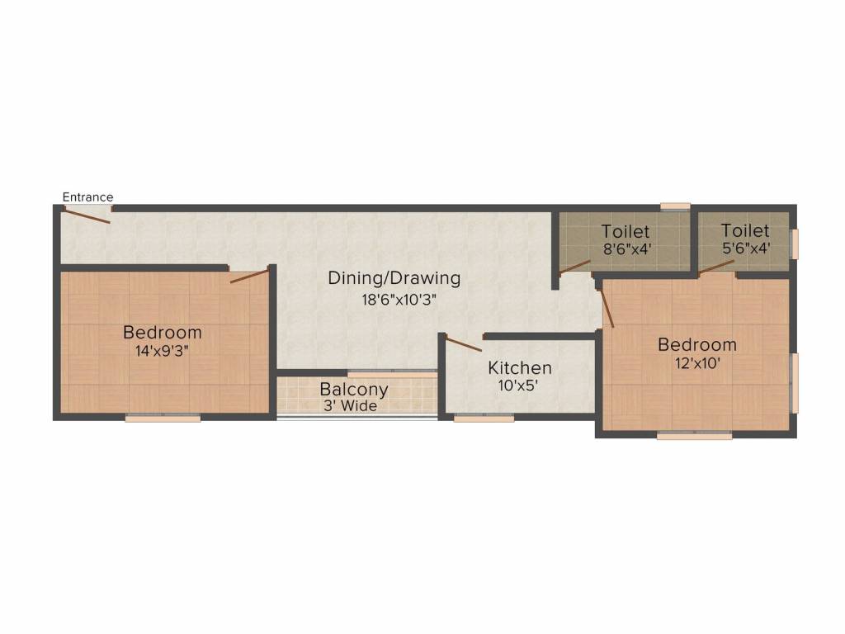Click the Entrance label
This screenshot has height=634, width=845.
(87, 197)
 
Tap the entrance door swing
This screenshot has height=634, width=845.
(87, 214)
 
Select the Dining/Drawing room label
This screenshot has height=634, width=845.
(394, 277)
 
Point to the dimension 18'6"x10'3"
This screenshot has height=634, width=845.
(394, 300)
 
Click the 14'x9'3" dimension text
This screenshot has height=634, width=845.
(162, 350)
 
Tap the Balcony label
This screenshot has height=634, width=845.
(354, 390)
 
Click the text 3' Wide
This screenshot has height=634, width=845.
(350, 405)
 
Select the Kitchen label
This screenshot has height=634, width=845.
(520, 367)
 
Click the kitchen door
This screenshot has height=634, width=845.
(465, 343)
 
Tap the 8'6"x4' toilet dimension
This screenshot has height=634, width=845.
(625, 248)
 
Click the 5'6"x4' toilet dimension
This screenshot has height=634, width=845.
(744, 247)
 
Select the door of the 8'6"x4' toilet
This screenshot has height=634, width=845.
(575, 267)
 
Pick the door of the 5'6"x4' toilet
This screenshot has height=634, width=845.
(716, 266)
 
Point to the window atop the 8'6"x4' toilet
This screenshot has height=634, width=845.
(675, 206)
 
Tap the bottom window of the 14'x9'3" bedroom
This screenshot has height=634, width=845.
(163, 419)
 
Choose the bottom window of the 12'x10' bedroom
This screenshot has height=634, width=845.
(694, 435)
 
